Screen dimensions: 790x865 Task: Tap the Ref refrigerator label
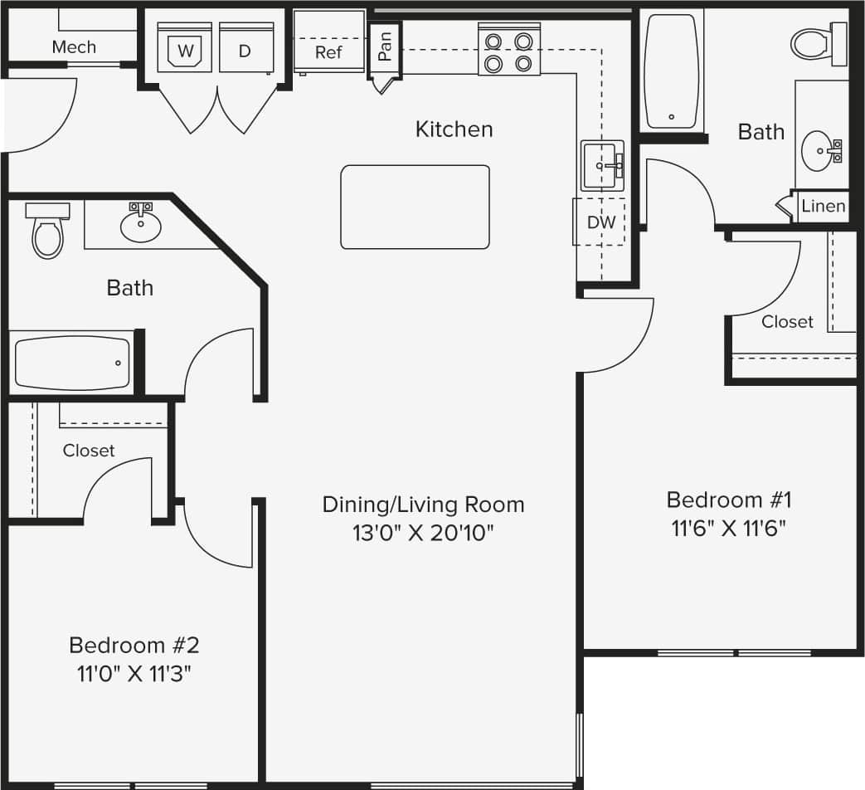pyautogui.click(x=328, y=52)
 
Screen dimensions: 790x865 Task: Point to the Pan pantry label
pyautogui.click(x=384, y=46)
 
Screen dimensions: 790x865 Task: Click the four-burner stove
pyautogui.click(x=508, y=51)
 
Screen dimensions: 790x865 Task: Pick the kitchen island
pyautogui.click(x=415, y=207)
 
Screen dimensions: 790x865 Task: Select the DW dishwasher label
pyautogui.click(x=601, y=222)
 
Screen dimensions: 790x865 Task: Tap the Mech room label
pyautogui.click(x=74, y=47)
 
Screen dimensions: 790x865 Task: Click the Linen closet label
pyautogui.click(x=824, y=206)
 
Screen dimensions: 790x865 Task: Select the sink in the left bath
pyautogui.click(x=141, y=224)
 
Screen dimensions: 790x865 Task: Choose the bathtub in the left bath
pyautogui.click(x=72, y=363)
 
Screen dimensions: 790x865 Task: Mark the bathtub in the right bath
pyautogui.click(x=672, y=72)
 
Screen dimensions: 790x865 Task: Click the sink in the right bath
pyautogui.click(x=821, y=150)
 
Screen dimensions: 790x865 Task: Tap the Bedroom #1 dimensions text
pyautogui.click(x=729, y=528)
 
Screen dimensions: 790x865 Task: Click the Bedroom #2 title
pyautogui.click(x=134, y=645)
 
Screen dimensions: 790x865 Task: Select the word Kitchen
pyautogui.click(x=454, y=129)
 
